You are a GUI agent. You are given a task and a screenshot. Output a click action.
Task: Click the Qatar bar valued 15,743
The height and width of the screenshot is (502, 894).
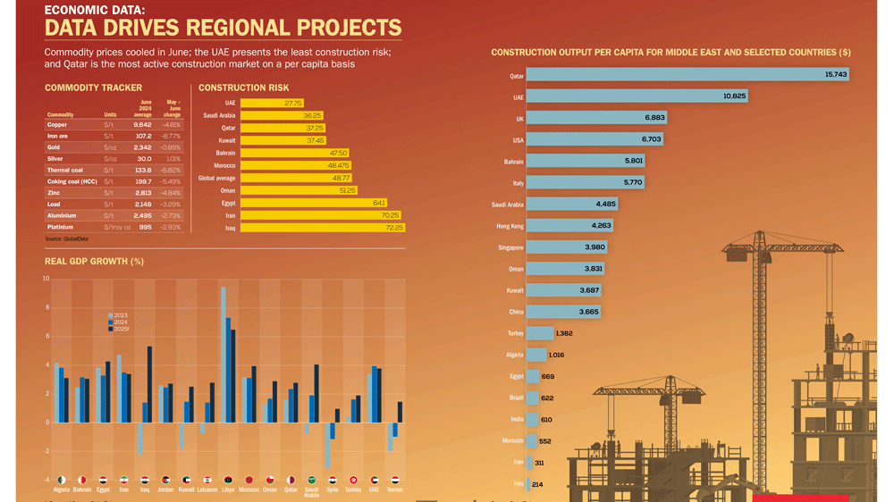coord(688,75)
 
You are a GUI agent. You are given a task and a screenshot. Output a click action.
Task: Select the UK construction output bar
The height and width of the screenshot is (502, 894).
coord(596,118)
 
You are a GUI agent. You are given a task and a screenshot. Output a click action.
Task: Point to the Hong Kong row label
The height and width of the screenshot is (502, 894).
coord(510,226)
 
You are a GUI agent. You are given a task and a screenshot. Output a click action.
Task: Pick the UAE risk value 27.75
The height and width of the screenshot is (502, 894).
coord(292,104)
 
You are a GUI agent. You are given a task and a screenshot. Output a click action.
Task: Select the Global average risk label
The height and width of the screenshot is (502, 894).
coord(217,178)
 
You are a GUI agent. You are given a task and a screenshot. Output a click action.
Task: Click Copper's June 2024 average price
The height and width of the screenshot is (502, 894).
coord(142,125)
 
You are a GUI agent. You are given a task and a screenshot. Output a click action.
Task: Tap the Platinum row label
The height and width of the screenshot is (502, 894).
coord(62,227)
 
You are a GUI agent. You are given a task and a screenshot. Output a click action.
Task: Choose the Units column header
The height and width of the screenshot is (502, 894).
coord(110,114)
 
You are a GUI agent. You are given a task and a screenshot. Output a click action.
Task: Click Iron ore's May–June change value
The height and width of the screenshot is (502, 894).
coord(170,136)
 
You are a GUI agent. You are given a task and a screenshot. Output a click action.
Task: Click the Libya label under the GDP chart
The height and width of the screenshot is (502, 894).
coord(229,489)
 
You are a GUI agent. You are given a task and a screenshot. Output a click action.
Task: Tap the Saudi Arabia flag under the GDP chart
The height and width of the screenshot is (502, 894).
coord(312,480)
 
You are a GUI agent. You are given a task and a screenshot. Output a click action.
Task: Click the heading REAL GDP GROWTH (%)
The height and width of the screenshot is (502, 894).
coord(94,262)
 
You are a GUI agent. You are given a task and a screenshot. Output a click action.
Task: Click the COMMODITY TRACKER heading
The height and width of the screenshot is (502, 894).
coord(93,88)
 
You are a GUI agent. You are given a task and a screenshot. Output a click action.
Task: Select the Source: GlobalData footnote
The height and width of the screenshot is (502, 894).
coord(66,239)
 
